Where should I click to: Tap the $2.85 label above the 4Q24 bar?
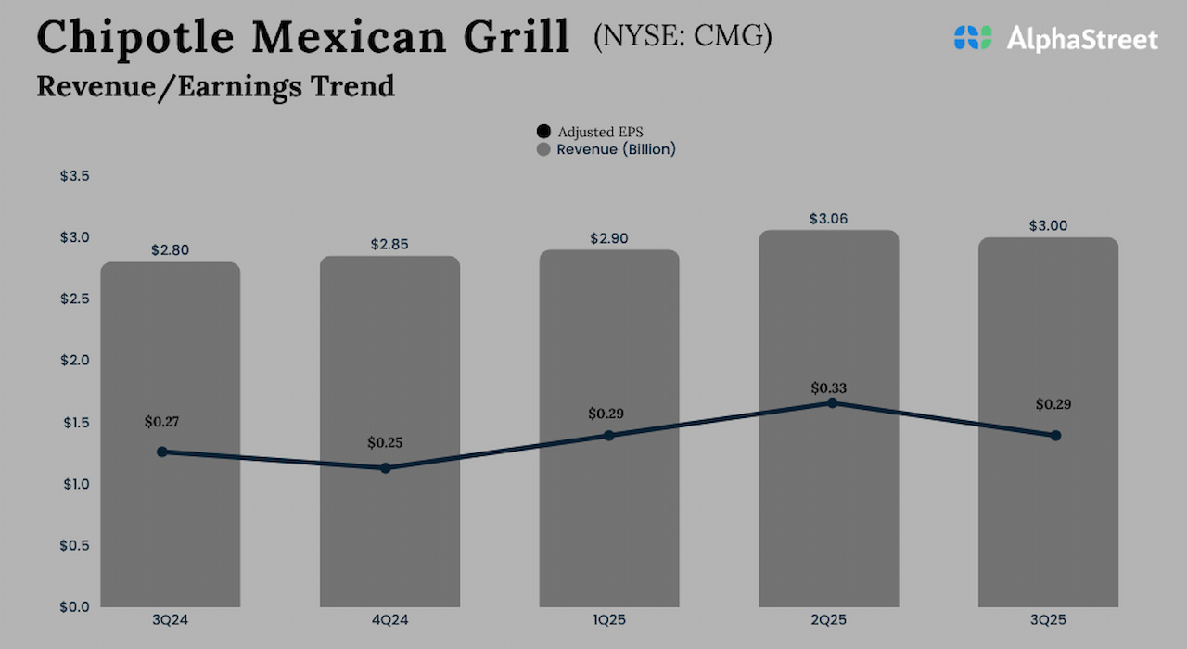coord(389,245)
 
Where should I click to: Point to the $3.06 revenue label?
coord(828,219)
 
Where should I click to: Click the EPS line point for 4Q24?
coord(386,468)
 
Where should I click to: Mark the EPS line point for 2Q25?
coord(832,403)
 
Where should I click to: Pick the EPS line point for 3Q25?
coord(1055,435)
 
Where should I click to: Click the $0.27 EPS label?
coord(161,422)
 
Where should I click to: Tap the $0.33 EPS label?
coord(828,388)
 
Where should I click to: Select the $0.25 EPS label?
coord(385,442)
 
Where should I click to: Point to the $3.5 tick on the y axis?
coord(75,176)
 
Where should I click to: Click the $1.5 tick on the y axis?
coord(75,423)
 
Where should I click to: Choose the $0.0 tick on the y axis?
coord(75,607)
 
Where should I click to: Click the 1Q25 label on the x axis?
coord(608,619)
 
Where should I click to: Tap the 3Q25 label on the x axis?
coord(1048,619)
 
